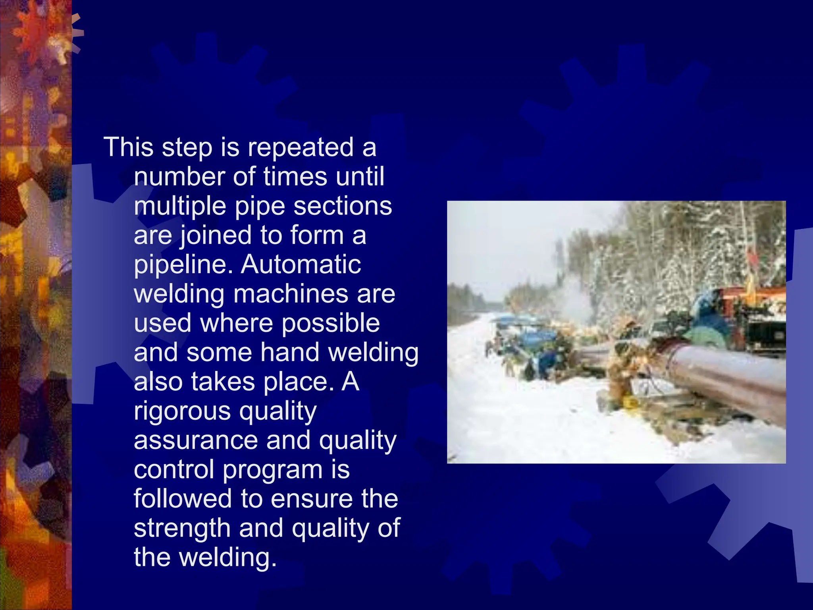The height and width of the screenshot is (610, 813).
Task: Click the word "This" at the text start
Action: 128,147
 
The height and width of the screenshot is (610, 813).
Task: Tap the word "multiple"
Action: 180,207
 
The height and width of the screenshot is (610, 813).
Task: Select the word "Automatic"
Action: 301,264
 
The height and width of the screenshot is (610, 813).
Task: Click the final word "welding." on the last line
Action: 228,558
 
